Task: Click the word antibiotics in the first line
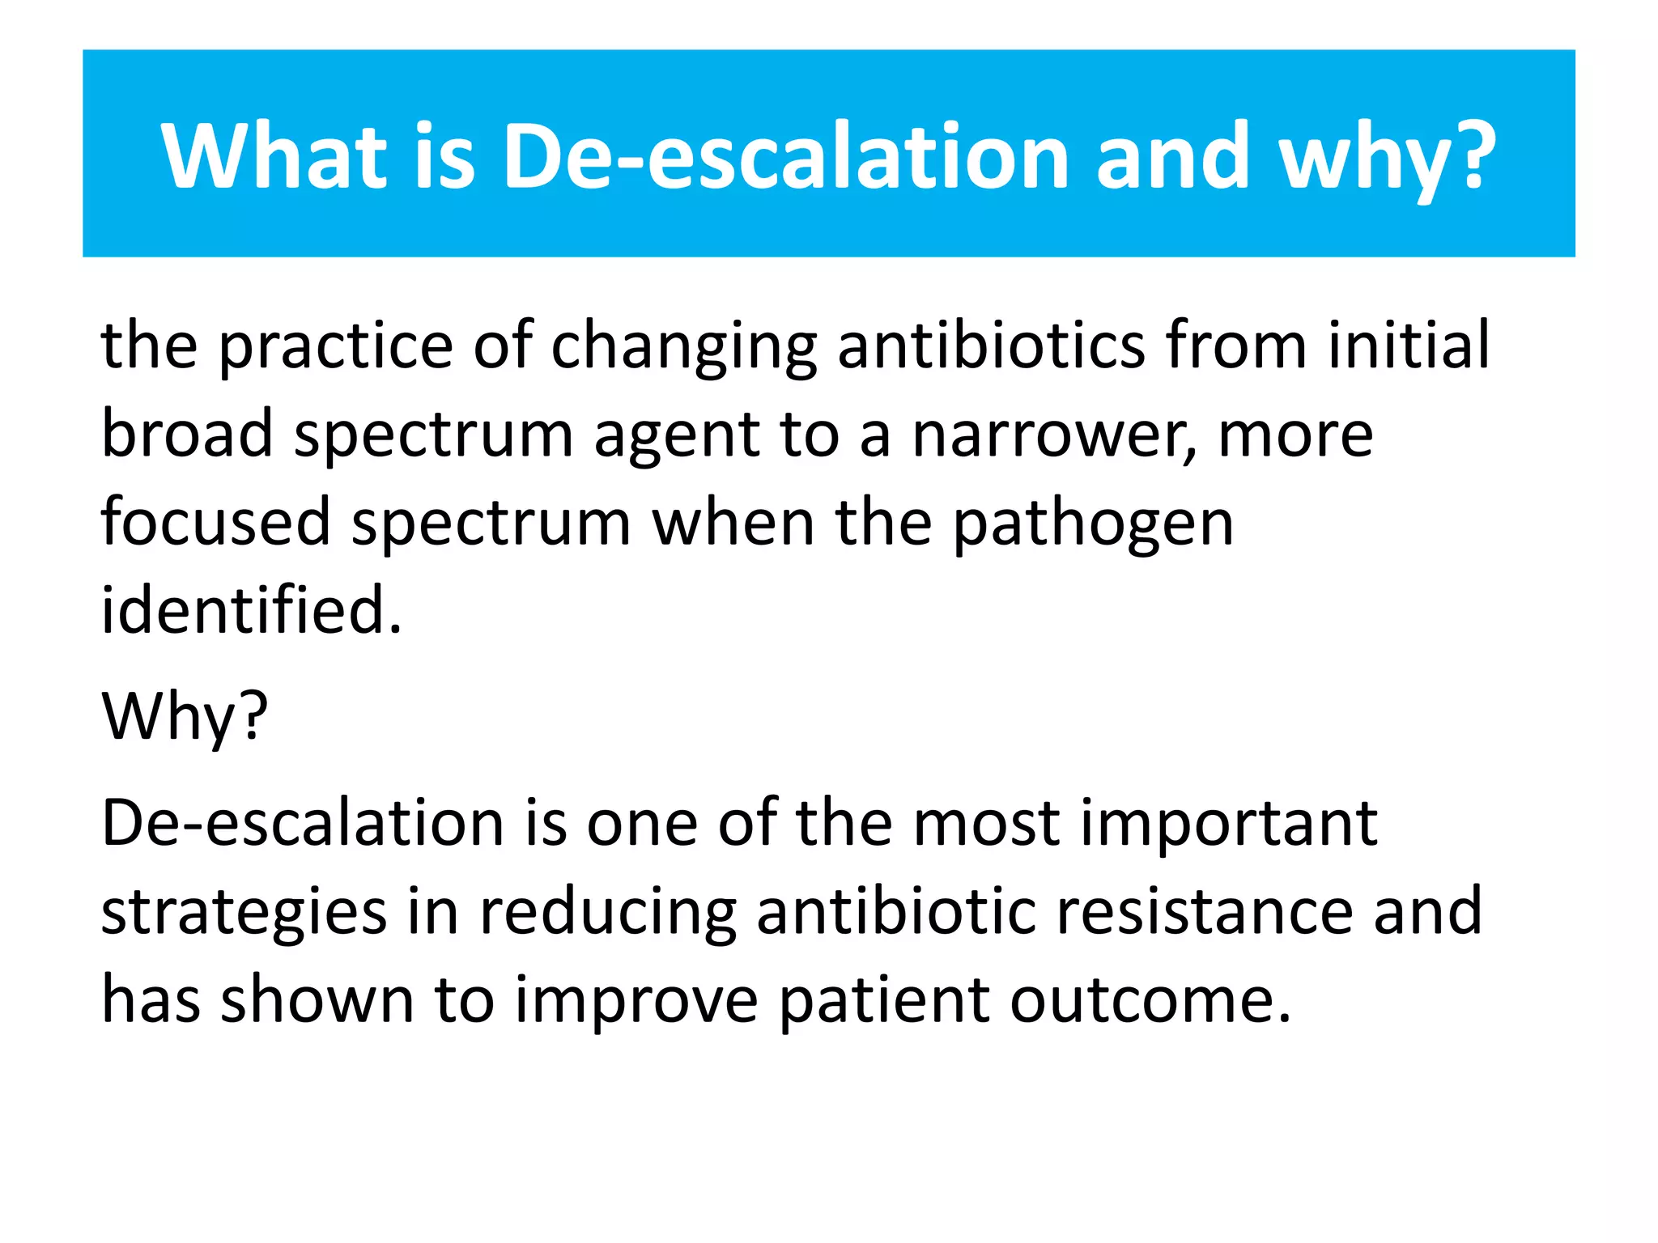pyautogui.click(x=991, y=346)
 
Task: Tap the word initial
pyautogui.click(x=1409, y=346)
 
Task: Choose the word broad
pyautogui.click(x=187, y=434)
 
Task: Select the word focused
pyautogui.click(x=216, y=522)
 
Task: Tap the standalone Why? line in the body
pyautogui.click(x=185, y=717)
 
